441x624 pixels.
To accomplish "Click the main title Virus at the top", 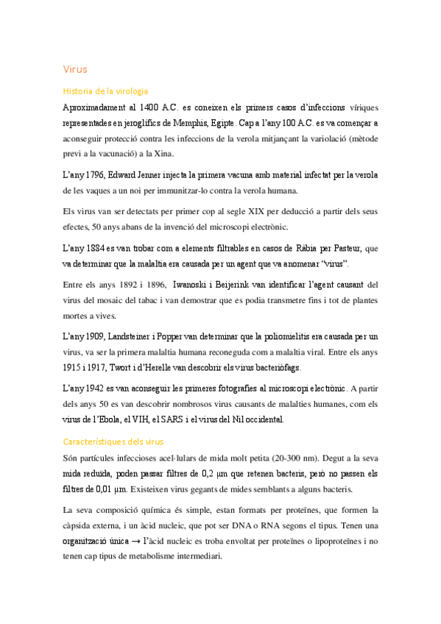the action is [75, 69].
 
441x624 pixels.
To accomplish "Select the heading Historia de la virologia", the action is [106, 91].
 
